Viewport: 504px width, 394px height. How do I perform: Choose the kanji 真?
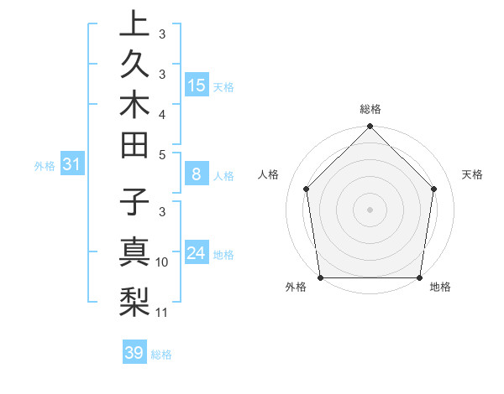click(134, 253)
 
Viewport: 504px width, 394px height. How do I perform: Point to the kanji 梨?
click(134, 300)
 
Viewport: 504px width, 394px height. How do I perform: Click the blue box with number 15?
click(197, 85)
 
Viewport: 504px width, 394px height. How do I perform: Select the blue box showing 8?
click(196, 174)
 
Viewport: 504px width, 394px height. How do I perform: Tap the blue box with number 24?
click(197, 253)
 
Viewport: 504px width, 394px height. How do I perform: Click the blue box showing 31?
click(72, 164)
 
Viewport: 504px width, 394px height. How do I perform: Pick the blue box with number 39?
click(134, 353)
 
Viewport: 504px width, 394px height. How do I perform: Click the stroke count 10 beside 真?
click(162, 262)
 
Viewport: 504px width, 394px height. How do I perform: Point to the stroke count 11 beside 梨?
click(162, 313)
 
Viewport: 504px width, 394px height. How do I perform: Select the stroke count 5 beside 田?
click(162, 154)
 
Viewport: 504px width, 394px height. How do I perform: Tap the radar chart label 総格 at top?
click(370, 109)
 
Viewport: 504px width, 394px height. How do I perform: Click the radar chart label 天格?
click(472, 174)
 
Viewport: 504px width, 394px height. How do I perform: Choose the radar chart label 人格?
click(269, 174)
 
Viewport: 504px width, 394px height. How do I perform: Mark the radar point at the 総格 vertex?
click(370, 127)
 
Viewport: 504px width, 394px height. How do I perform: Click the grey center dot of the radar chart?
click(370, 209)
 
